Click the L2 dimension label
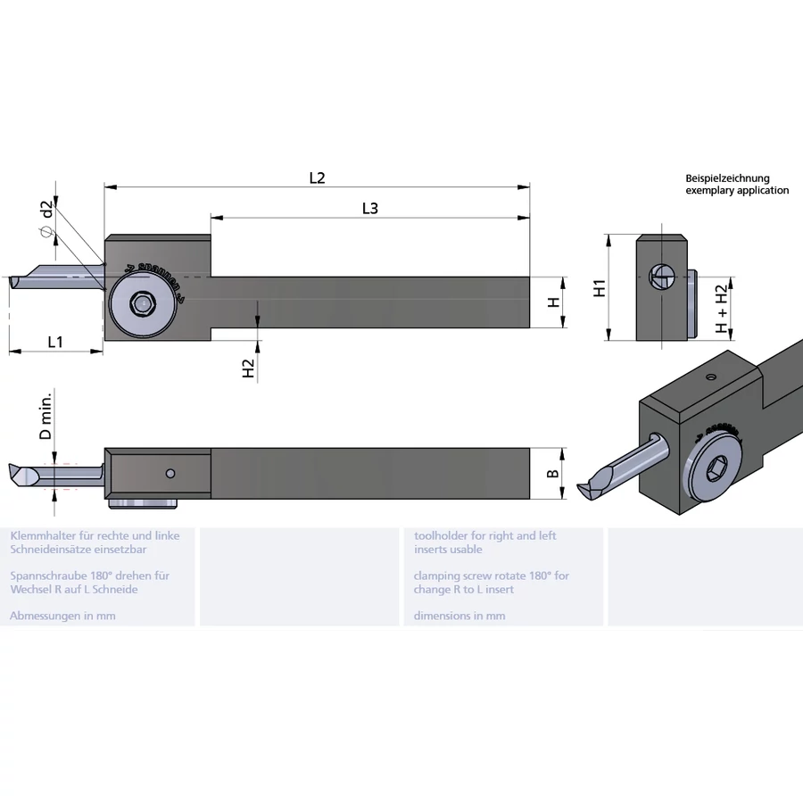(x=317, y=178)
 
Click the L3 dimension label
(x=370, y=208)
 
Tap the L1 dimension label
(x=55, y=341)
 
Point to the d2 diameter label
(x=47, y=211)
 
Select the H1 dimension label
(x=600, y=287)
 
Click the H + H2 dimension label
(x=722, y=309)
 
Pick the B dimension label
(x=553, y=471)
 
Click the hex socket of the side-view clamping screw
(x=139, y=303)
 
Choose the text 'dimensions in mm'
(x=459, y=616)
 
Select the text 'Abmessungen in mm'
(x=62, y=616)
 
